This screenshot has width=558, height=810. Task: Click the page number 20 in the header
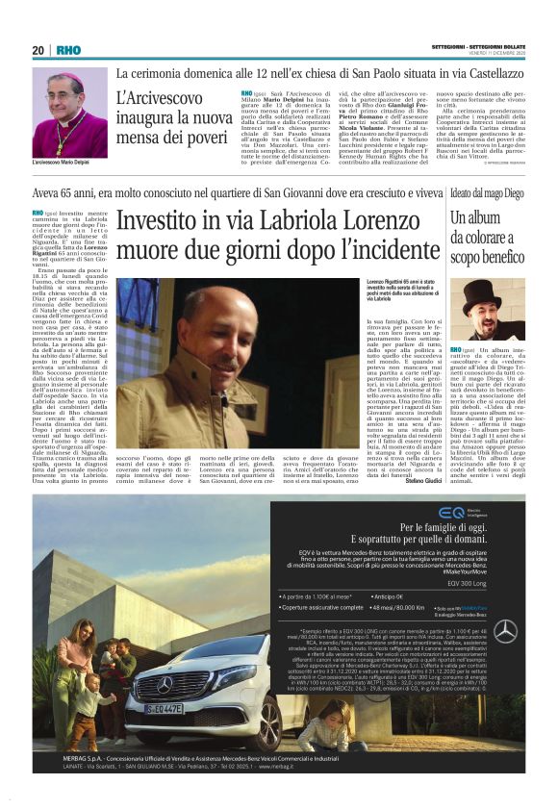[38, 50]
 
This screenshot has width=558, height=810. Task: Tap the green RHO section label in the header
[69, 50]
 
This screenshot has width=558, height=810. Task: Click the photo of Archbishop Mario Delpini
[69, 113]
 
